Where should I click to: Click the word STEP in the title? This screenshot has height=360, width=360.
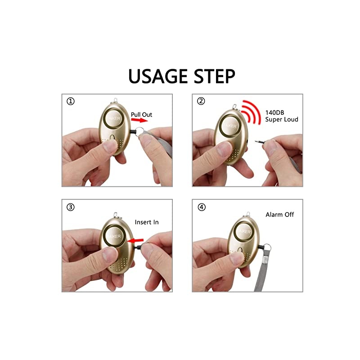[213, 76]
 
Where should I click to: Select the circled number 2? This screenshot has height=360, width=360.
[201, 102]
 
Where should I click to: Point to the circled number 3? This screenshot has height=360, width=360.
[71, 207]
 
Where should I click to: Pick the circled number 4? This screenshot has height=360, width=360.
[201, 207]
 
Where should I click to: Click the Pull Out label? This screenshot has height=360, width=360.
[141, 115]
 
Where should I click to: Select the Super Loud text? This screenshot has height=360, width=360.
[282, 119]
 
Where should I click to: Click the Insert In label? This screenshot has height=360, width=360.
[147, 222]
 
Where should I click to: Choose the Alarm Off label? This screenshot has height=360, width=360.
[280, 215]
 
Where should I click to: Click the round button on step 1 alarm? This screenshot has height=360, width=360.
[112, 118]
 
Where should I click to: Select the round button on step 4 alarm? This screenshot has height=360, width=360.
[243, 231]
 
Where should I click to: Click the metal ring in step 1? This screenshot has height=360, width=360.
[139, 131]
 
